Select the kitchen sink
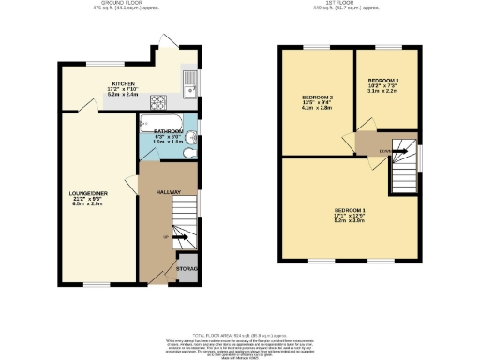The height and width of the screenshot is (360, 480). pyautogui.click(x=190, y=84)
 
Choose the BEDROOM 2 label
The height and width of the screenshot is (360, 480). pyautogui.click(x=317, y=97)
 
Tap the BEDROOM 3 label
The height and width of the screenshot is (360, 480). pyautogui.click(x=384, y=82)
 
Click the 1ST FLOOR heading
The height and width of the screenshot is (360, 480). pyautogui.click(x=347, y=5)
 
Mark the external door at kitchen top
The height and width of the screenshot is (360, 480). pyautogui.click(x=167, y=40)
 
